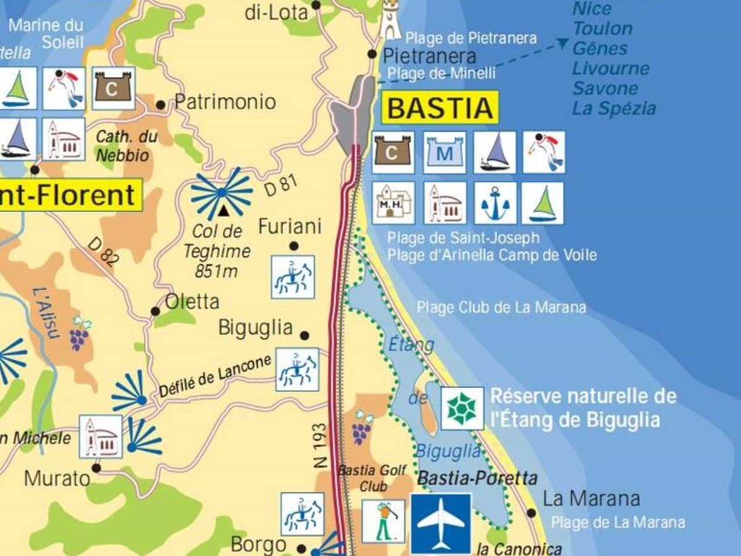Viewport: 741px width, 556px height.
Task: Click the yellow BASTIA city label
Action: (x=440, y=108)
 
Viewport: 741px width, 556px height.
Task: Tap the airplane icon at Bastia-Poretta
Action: (x=441, y=523)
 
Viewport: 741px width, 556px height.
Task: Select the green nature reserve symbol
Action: (x=462, y=408)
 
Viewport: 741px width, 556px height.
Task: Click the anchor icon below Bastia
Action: (x=495, y=203)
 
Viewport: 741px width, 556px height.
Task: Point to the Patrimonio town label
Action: (x=225, y=102)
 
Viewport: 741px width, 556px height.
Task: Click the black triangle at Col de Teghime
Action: (x=222, y=212)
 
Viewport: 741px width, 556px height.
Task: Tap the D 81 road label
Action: (x=281, y=185)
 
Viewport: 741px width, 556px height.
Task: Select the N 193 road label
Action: (x=320, y=445)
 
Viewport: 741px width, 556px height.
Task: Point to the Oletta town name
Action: (x=191, y=301)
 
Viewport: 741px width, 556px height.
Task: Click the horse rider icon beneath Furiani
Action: (x=293, y=277)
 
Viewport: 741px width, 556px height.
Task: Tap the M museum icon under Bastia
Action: (x=444, y=153)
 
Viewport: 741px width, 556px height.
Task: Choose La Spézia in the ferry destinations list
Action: (x=613, y=108)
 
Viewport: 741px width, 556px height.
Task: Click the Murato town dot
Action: (x=96, y=468)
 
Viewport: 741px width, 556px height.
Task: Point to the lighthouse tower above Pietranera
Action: (x=390, y=20)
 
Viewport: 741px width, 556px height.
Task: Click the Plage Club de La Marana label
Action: (x=501, y=307)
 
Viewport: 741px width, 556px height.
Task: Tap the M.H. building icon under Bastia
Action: (x=393, y=203)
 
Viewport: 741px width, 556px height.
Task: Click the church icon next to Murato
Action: (x=100, y=436)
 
